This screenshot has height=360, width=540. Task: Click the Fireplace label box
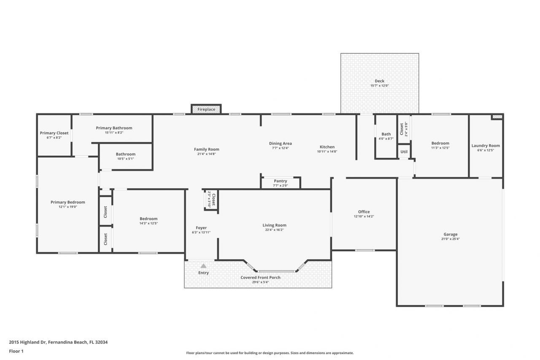coord(206,109)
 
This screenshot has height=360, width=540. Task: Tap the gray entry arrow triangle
coord(203,266)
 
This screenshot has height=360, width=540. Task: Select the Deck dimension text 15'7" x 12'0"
coord(379,86)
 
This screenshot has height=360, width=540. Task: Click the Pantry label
coord(281,181)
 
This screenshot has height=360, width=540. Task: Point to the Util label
coord(404,152)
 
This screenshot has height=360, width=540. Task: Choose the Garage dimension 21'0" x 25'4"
coord(450,239)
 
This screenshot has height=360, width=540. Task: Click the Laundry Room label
coord(486,146)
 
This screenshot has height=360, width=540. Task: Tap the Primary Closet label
coord(54,133)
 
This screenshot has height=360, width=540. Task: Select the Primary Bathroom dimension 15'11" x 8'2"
coord(114,133)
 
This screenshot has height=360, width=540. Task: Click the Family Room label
coord(207,149)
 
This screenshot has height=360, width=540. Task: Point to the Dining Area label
coord(281,143)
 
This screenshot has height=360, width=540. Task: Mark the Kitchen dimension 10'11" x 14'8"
coord(327,152)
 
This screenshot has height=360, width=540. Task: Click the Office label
coord(364,212)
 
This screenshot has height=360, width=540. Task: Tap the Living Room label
coord(274,225)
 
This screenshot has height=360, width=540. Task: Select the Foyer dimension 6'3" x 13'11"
coord(201,233)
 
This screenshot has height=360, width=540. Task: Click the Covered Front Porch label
coord(260,278)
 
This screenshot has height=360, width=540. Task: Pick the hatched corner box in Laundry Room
coord(497,117)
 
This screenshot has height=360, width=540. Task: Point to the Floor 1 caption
coord(16,351)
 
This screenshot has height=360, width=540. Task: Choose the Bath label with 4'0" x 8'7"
coord(386,134)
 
